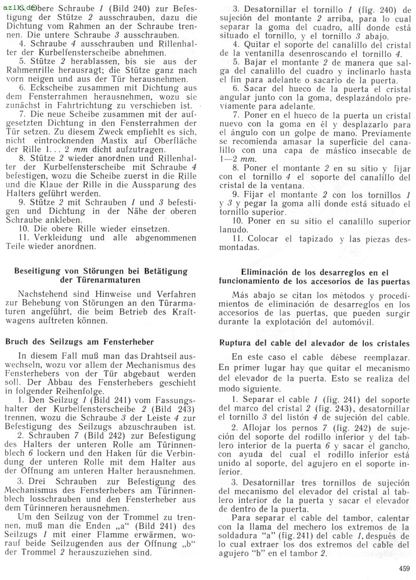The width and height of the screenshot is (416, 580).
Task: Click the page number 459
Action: tap(404, 568)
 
